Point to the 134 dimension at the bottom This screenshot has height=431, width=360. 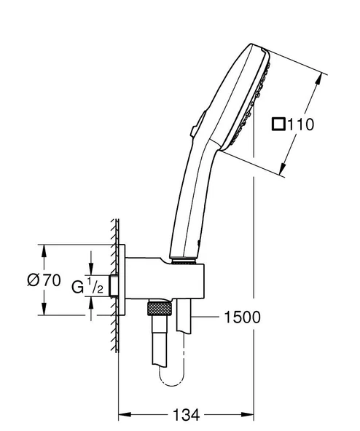187,415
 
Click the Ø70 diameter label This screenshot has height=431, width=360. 42,280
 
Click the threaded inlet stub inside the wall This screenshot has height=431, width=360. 113,286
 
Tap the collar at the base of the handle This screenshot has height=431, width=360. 183,256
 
